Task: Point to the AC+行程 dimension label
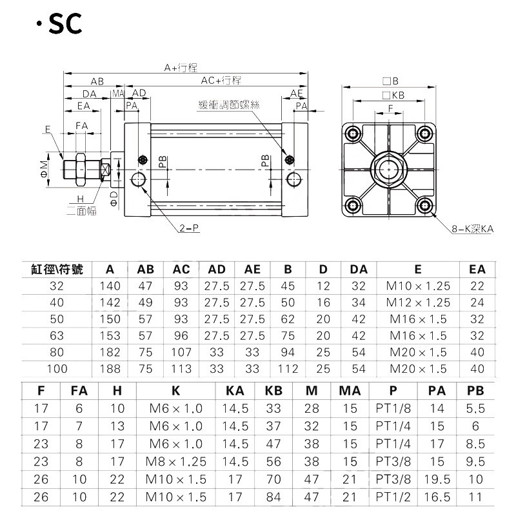click(x=221, y=81)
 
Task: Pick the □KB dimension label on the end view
click(x=393, y=95)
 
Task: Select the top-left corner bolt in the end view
click(x=353, y=134)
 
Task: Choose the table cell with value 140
click(x=110, y=286)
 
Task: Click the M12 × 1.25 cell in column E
click(x=417, y=303)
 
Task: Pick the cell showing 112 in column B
click(x=288, y=369)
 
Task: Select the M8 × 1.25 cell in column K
click(x=175, y=460)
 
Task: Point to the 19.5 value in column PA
click(x=437, y=479)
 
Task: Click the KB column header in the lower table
click(x=273, y=390)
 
